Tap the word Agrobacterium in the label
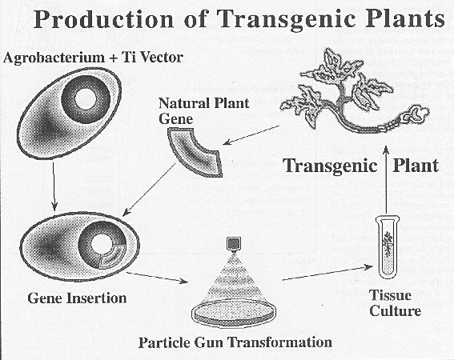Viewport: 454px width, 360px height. (54, 58)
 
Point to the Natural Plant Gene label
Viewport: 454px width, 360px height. (204, 111)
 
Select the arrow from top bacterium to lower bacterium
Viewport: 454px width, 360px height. (54, 186)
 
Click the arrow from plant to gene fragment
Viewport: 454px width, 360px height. (251, 135)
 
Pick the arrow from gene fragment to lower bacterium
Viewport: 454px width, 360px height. (149, 190)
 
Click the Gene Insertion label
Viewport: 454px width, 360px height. (77, 298)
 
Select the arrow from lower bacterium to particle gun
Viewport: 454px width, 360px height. (157, 277)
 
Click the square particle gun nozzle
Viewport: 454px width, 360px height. (233, 243)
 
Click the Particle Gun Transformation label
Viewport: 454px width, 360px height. (235, 342)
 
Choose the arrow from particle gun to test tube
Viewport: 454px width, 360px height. (327, 274)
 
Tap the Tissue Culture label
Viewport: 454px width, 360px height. (396, 303)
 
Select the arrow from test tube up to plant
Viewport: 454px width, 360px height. (386, 182)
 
